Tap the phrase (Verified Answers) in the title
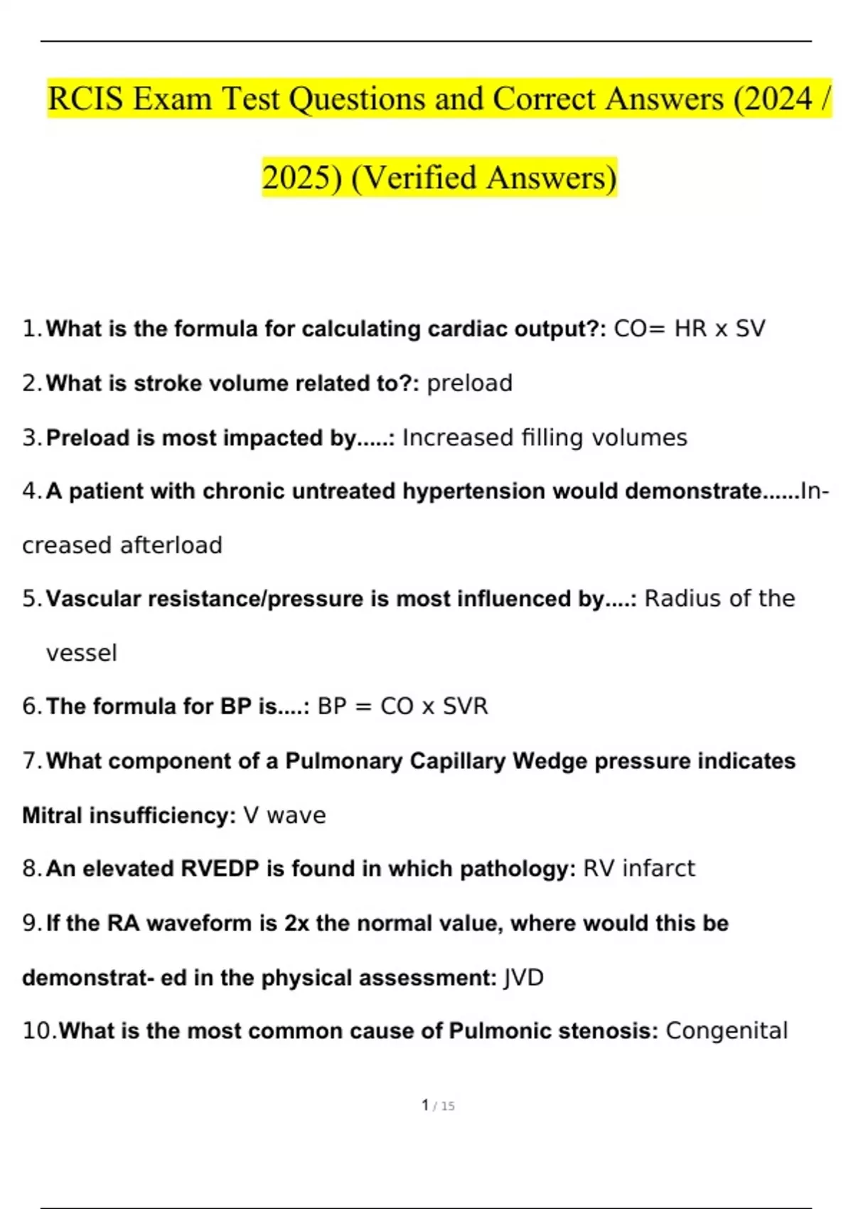(484, 178)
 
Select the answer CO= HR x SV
(690, 329)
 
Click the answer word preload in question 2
(469, 383)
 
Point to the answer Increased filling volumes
(544, 437)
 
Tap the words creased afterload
(122, 545)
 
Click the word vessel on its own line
(81, 653)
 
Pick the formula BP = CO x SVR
(402, 706)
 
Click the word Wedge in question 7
(550, 761)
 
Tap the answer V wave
(284, 815)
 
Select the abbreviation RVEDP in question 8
(220, 868)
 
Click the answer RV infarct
(639, 868)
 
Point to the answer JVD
(523, 978)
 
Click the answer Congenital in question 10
(726, 1030)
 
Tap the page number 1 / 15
(438, 1106)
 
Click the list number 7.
(32, 761)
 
